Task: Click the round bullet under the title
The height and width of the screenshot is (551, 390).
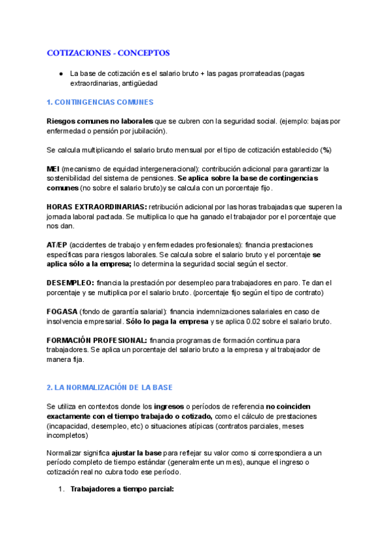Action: pyautogui.click(x=60, y=73)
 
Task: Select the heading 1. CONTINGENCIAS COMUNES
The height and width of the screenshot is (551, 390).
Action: pyautogui.click(x=100, y=102)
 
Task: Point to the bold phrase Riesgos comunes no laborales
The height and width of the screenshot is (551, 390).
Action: pyautogui.click(x=100, y=121)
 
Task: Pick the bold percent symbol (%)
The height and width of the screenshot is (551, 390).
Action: pyautogui.click(x=326, y=149)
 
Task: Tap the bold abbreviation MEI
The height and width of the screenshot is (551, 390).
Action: pyautogui.click(x=53, y=168)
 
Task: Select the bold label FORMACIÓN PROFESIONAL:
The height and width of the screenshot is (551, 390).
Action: pyautogui.click(x=97, y=340)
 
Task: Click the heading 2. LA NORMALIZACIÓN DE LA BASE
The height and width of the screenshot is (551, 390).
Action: pyautogui.click(x=110, y=387)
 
